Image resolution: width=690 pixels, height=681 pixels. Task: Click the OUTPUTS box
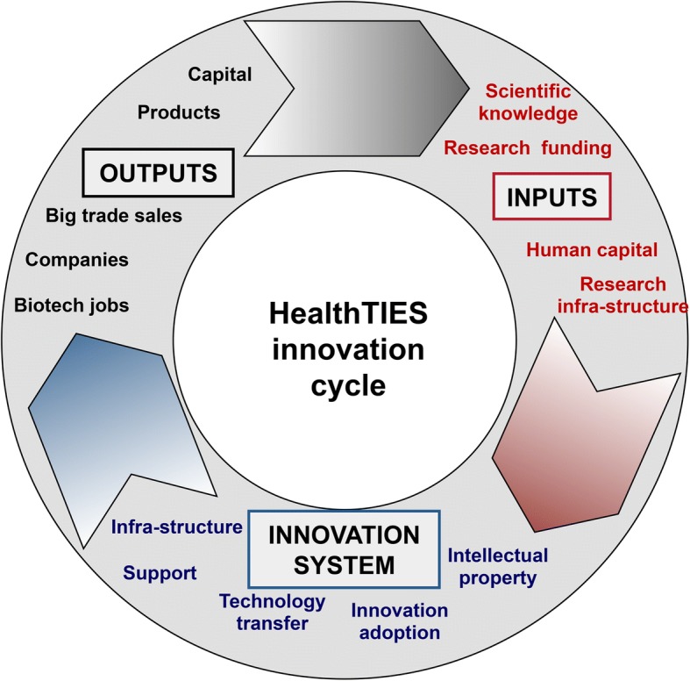coord(159,172)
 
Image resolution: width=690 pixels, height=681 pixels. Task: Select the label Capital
coord(220,75)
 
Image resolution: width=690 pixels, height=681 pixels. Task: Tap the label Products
coord(179,112)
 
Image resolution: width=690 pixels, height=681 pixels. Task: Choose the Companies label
coord(77,260)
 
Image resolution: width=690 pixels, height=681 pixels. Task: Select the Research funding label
coord(527,147)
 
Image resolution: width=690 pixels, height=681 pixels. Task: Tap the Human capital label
coord(591,250)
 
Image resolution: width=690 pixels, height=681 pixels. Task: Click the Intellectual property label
coord(497,567)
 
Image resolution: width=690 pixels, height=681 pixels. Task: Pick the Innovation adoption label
coord(399,620)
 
